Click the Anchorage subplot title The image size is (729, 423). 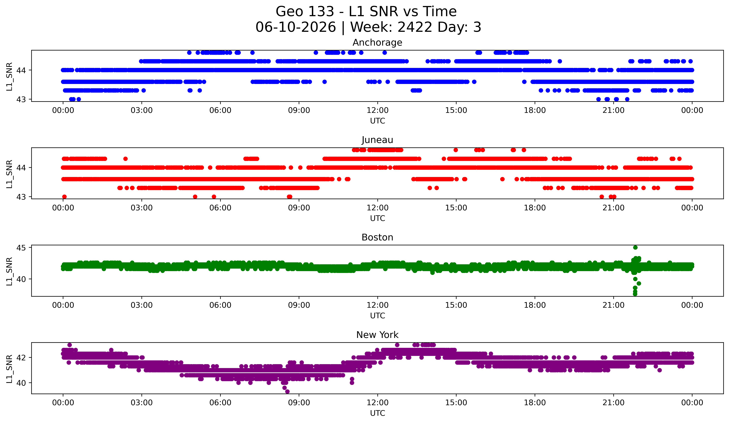pyautogui.click(x=377, y=43)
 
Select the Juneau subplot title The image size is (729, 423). pyautogui.click(x=377, y=140)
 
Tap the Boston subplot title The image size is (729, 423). pyautogui.click(x=377, y=237)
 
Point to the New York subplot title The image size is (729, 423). pyautogui.click(x=377, y=335)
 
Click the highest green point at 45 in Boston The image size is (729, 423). pyautogui.click(x=635, y=248)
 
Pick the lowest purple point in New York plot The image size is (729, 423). pyautogui.click(x=287, y=392)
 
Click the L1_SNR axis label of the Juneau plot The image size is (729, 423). pyautogui.click(x=9, y=174)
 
